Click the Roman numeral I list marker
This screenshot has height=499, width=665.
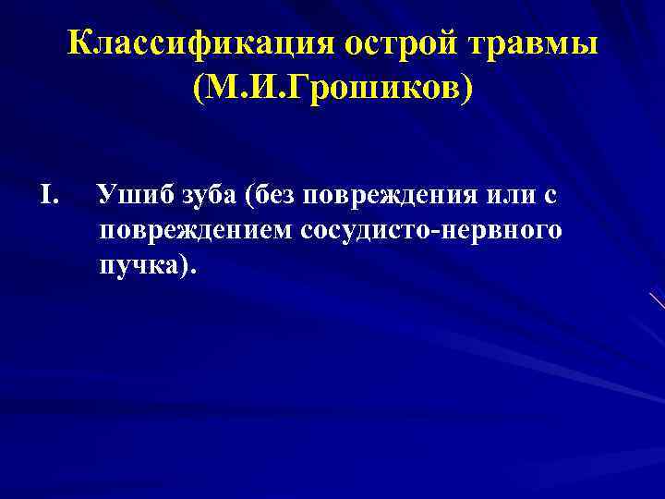[x=50, y=195]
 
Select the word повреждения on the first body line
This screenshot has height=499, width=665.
[x=381, y=195]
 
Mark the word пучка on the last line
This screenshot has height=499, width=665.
[x=139, y=265]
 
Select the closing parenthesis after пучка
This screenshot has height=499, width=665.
[x=187, y=266]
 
